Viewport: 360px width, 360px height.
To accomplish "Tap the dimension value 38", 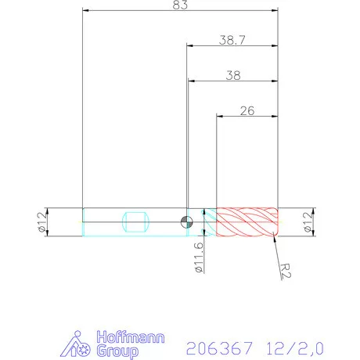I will click(232, 76).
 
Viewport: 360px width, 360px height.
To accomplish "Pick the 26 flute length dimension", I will click(247, 110).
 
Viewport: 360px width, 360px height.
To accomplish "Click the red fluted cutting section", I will click(247, 222).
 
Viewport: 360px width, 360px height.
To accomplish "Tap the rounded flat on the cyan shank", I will click(136, 222).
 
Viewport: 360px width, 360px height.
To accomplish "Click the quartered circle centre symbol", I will click(185, 222).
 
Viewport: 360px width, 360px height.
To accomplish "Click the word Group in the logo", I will click(113, 351).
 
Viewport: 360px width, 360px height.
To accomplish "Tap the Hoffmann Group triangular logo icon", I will click(77, 345).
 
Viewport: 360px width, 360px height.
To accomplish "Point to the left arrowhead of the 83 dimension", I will click(86, 12).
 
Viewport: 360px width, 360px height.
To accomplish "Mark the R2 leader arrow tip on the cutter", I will click(274, 236).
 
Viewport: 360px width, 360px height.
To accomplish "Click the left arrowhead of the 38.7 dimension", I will click(190, 46).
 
